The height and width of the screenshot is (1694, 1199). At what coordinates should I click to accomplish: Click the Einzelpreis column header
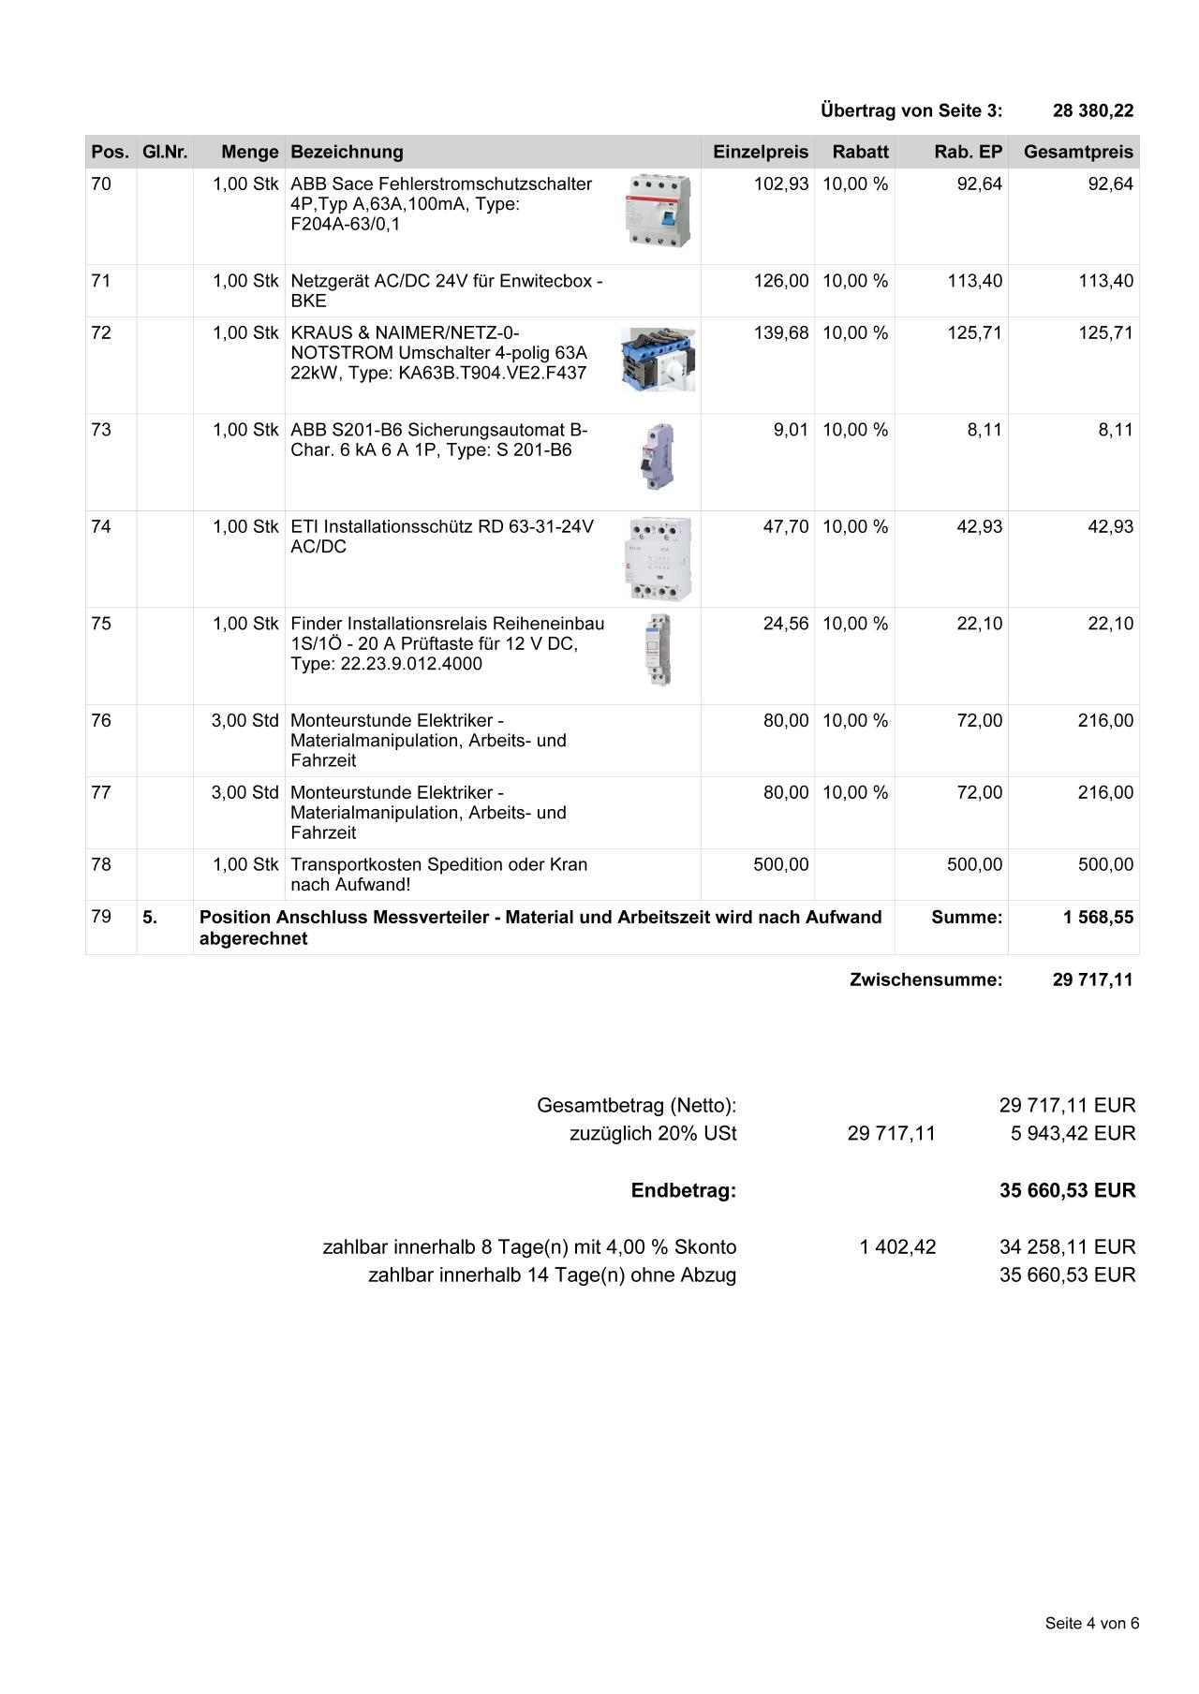pos(760,152)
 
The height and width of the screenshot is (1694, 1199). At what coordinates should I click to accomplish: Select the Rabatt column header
pos(860,152)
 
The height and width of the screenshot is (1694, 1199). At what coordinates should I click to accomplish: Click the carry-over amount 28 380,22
pos(1092,110)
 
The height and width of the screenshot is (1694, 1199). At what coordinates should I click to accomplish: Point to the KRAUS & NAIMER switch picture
pos(658,360)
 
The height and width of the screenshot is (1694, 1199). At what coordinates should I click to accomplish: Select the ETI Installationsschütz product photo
pos(659,558)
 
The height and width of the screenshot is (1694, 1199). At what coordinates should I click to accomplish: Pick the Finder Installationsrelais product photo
pos(659,649)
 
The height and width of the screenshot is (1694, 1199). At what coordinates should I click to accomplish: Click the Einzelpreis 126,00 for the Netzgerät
pos(780,281)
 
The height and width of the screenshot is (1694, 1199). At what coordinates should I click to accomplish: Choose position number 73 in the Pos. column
pos(101,430)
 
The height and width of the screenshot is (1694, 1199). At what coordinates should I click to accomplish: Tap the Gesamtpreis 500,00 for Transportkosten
pos(1105,864)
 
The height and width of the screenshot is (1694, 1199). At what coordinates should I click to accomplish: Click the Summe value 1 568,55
pos(1098,918)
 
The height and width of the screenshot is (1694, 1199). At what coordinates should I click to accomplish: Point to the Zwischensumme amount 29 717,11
pos(1092,980)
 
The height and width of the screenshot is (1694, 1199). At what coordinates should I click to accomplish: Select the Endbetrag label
pos(683,1190)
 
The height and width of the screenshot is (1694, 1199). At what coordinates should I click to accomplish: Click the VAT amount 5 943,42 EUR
pos(1073,1134)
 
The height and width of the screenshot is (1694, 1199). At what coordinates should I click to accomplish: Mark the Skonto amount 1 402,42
pos(897,1247)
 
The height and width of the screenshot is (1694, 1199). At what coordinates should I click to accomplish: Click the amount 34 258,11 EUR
pos(1067,1247)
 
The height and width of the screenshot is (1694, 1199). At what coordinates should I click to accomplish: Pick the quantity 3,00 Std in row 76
pos(244,721)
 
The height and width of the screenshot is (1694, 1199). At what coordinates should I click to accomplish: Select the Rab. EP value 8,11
pos(984,430)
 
